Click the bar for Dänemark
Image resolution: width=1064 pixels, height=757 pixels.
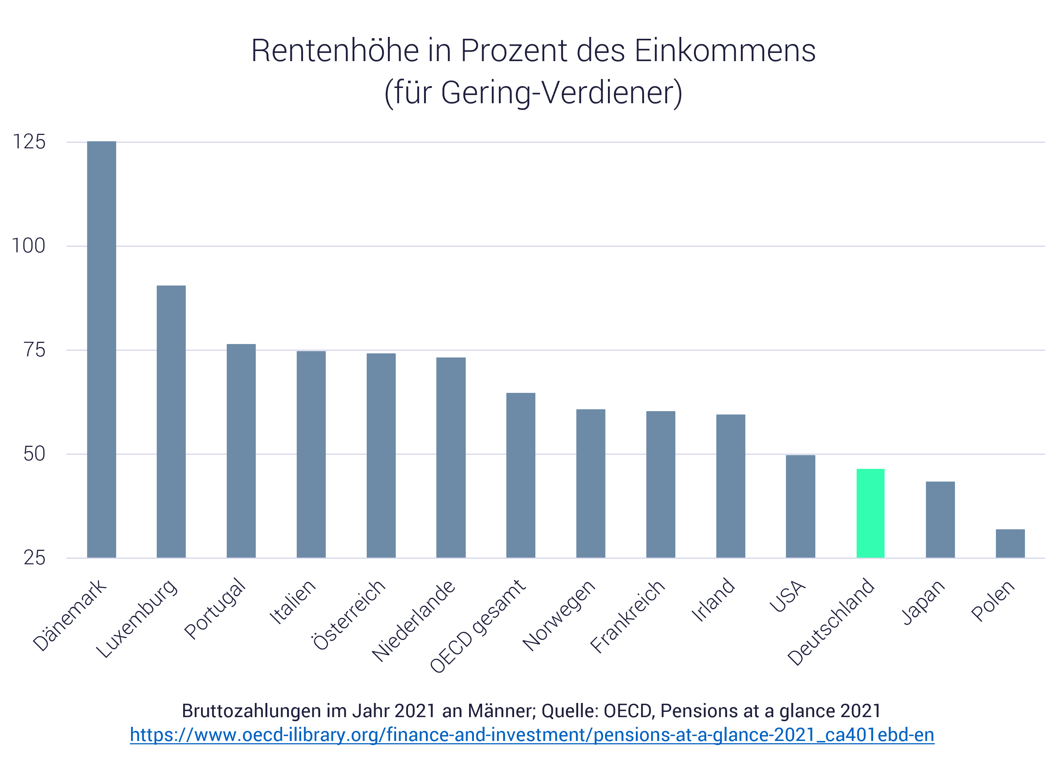tap(102, 350)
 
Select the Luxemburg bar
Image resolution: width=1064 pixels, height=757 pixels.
tap(171, 422)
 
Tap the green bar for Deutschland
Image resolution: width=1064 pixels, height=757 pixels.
tap(870, 513)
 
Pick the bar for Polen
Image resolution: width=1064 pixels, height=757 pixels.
tap(1010, 543)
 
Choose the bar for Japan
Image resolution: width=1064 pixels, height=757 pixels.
tap(940, 520)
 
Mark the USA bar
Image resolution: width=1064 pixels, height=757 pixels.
tap(800, 506)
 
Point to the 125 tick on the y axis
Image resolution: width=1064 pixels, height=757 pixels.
tap(29, 142)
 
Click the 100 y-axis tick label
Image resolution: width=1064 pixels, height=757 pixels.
tap(29, 246)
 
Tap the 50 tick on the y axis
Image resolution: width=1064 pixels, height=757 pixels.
tap(34, 454)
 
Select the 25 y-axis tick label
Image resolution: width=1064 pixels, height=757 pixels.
tap(34, 558)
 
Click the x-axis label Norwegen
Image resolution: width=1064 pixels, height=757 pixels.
tap(559, 615)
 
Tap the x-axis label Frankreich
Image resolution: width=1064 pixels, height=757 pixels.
tap(628, 616)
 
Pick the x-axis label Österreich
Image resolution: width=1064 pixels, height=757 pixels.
tap(349, 615)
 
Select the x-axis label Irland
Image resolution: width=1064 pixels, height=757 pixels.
tap(713, 600)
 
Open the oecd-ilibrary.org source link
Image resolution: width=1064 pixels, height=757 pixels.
tap(532, 735)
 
